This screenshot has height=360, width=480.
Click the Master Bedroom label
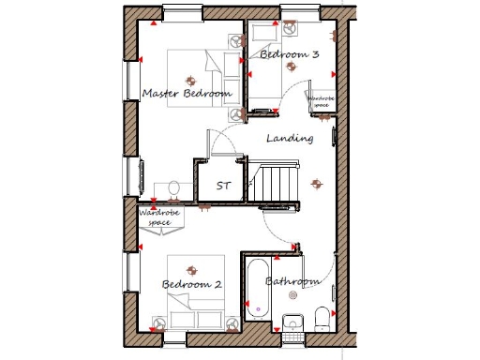point(187,94)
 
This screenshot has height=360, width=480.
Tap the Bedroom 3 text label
point(290,55)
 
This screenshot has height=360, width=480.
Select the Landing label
point(290,138)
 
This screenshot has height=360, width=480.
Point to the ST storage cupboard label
point(223,186)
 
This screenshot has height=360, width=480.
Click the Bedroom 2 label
point(191,284)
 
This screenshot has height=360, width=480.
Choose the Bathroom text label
point(292,281)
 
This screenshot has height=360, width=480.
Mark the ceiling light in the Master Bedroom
point(190,80)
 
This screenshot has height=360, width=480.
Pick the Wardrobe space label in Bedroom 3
point(322,100)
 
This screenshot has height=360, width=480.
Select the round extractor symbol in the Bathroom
point(292,292)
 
